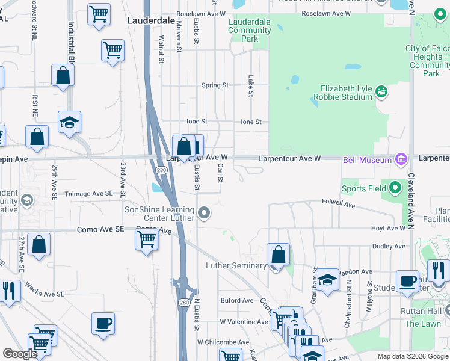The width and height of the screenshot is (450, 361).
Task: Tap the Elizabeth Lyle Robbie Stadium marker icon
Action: coord(380,92)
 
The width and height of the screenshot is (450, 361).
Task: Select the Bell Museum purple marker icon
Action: coord(401,159)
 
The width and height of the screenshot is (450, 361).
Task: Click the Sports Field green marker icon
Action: coord(395,188)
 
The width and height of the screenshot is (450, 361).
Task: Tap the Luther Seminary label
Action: coord(236,265)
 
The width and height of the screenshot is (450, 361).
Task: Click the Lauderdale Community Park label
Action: coord(250,30)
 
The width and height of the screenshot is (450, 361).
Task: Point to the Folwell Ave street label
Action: coord(339,202)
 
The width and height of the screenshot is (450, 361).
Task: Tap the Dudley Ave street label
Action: coord(389,246)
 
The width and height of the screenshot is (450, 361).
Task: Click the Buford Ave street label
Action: coord(237,300)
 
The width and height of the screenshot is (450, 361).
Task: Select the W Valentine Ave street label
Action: coord(244,322)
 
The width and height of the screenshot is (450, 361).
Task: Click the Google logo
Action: coord(20,354)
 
